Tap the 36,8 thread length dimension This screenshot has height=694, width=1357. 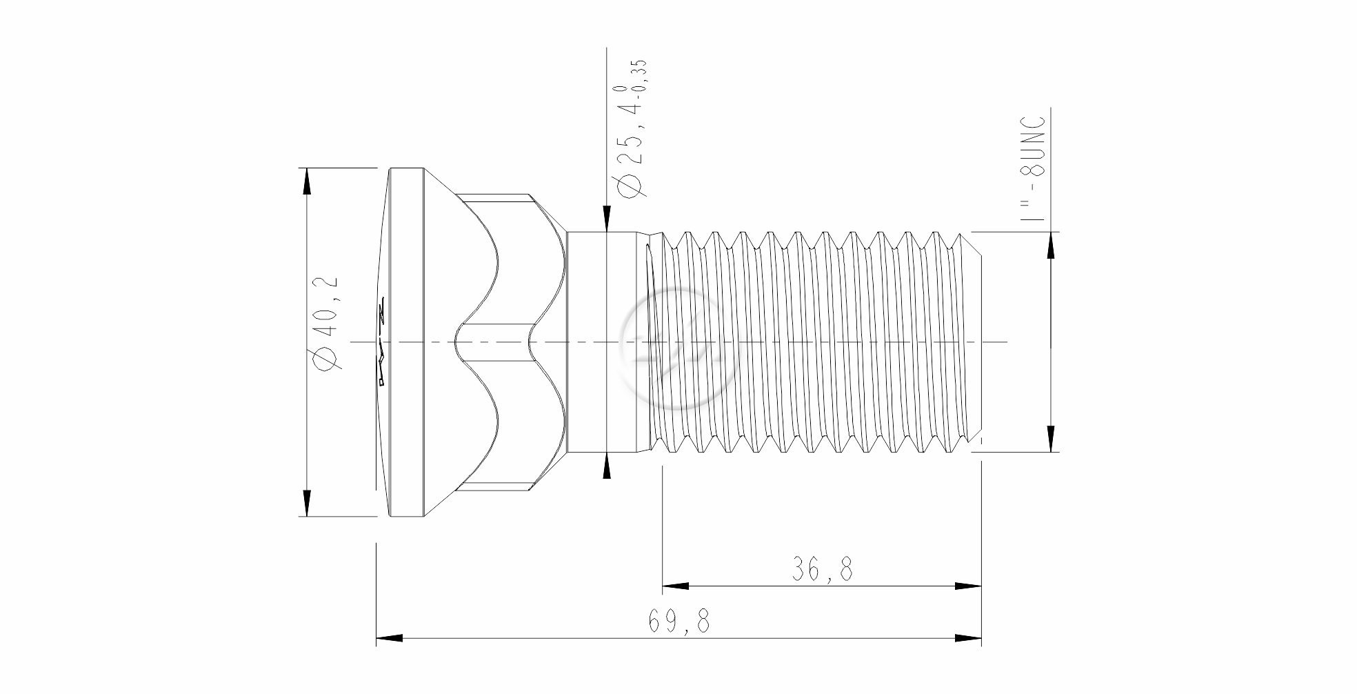[822, 569]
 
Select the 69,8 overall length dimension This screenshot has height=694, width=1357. [678, 621]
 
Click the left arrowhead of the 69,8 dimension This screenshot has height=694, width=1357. [390, 637]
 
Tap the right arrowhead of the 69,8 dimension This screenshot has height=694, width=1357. [967, 637]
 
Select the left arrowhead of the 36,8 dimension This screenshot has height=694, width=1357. [676, 586]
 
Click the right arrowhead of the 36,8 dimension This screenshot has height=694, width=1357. [967, 586]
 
